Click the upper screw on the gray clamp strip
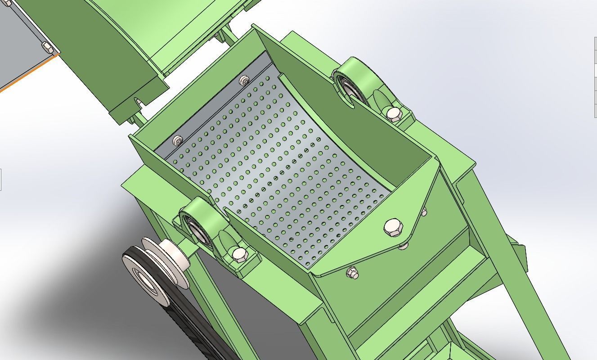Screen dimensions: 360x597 (244, 81)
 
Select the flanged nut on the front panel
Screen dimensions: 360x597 (352, 272)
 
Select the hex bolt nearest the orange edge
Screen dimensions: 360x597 (46, 46)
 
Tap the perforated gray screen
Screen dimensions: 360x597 (279, 175)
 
